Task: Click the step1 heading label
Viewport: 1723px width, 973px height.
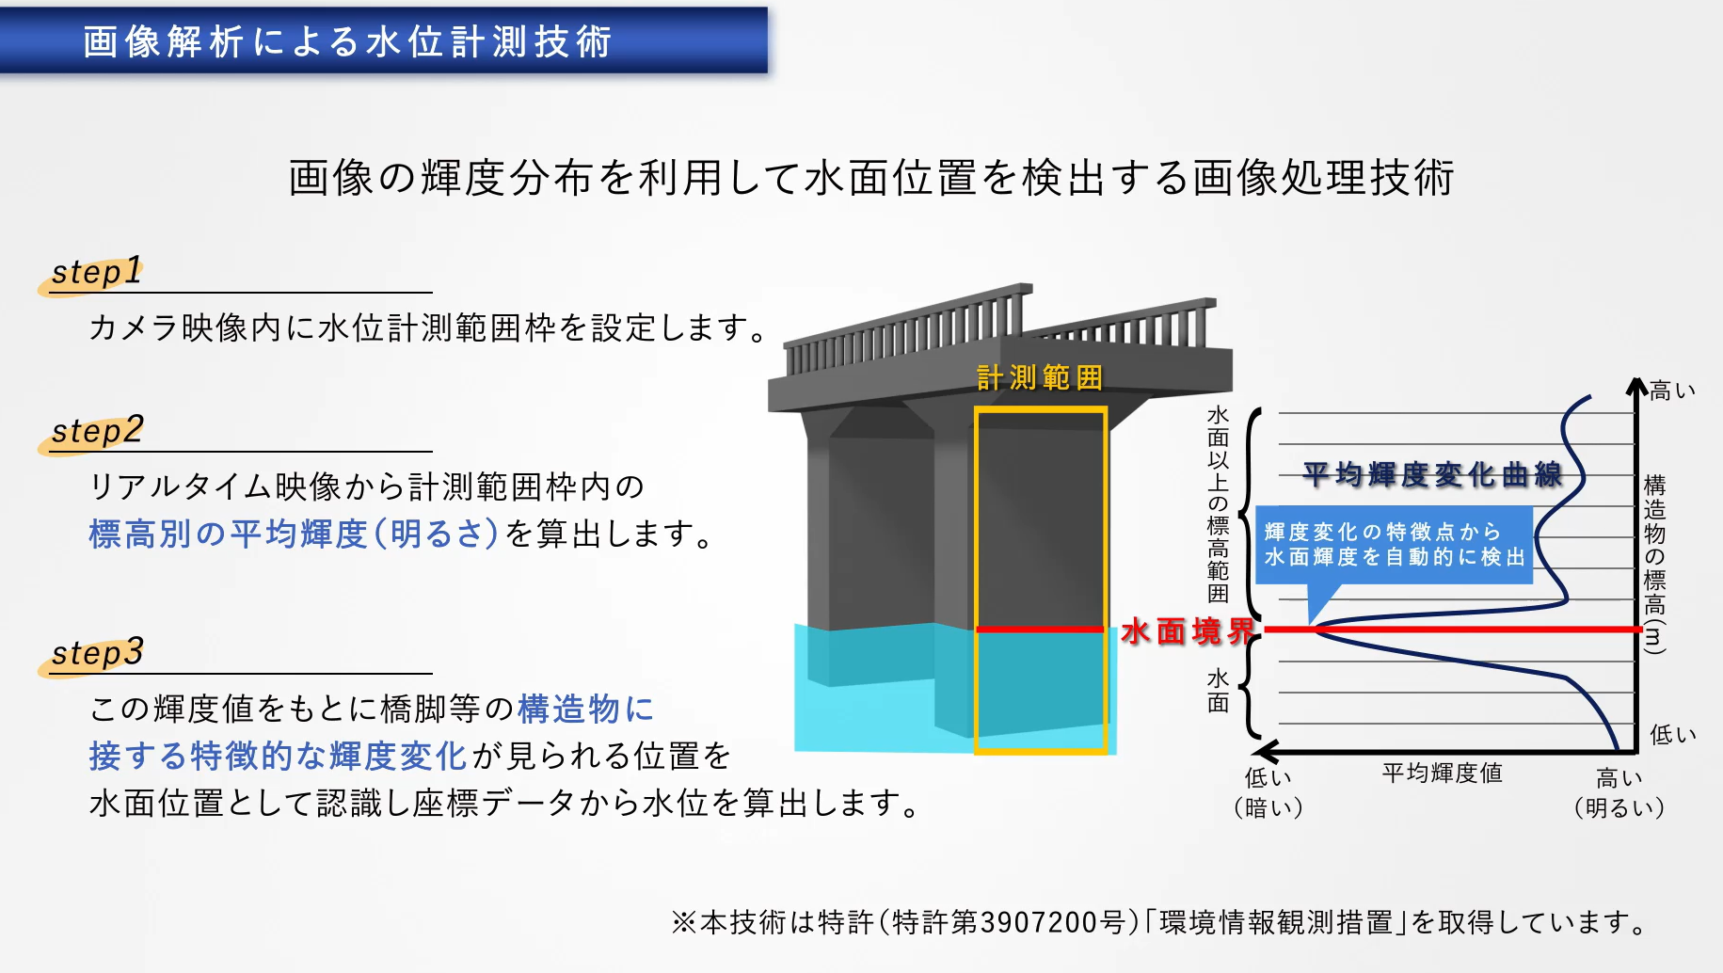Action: pos(96,272)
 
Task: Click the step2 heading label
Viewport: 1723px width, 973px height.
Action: pos(97,431)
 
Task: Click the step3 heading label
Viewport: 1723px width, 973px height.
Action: pos(97,652)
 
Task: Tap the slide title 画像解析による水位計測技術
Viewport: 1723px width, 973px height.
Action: pos(347,41)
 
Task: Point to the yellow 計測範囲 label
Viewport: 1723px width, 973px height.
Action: pos(1039,377)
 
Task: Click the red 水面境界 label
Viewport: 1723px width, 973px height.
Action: pos(1188,630)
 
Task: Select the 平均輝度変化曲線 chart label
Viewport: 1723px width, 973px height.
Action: pos(1431,474)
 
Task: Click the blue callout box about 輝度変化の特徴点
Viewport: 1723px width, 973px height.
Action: pos(1394,544)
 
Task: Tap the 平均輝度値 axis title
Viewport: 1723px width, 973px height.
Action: pos(1442,774)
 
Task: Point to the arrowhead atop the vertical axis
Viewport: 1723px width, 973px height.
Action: pos(1636,386)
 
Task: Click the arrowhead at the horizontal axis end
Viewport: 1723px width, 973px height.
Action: pos(1267,751)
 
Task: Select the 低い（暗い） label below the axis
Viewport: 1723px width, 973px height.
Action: pos(1268,792)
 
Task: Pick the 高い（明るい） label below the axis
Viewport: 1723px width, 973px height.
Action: pos(1619,792)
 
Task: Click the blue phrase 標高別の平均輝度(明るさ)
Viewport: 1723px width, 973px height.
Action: pos(293,534)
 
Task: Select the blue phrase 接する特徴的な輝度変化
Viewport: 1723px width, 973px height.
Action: pos(278,756)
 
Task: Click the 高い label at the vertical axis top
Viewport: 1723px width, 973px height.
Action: pos(1672,391)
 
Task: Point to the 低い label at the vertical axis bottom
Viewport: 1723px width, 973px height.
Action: pos(1672,735)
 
